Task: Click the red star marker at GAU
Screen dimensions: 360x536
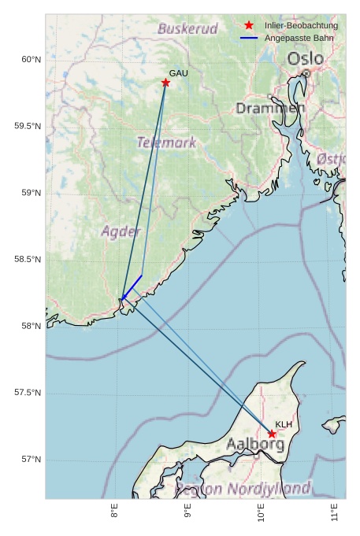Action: click(x=165, y=83)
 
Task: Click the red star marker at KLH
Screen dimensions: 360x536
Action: click(x=272, y=434)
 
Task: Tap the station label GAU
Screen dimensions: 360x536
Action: click(x=179, y=73)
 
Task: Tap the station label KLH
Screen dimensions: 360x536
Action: click(x=284, y=424)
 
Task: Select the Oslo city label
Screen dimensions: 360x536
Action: click(x=305, y=59)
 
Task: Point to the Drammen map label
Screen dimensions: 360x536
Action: click(x=270, y=108)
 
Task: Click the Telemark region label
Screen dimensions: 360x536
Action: click(x=166, y=142)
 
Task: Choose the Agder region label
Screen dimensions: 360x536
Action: click(x=121, y=231)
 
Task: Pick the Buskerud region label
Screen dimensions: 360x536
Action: click(x=187, y=29)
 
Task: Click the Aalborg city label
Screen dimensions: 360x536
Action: click(x=255, y=445)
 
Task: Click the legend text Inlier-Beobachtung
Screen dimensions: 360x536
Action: click(x=301, y=26)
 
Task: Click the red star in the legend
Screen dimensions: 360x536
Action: click(x=249, y=26)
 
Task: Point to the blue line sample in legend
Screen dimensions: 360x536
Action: click(x=249, y=38)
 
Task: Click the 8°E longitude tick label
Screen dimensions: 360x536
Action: click(x=115, y=512)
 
